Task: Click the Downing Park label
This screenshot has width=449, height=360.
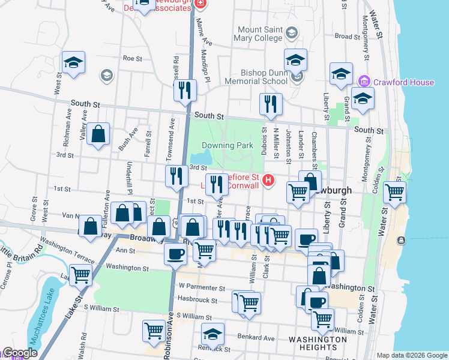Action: pyautogui.click(x=228, y=145)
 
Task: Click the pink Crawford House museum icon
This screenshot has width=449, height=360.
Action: pyautogui.click(x=363, y=82)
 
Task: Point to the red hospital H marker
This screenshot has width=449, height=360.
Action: pyautogui.click(x=268, y=179)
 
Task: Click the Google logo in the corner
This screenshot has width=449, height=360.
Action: pyautogui.click(x=20, y=353)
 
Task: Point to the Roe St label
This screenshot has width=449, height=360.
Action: pyautogui.click(x=131, y=59)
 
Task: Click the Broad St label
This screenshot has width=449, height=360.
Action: pyautogui.click(x=347, y=37)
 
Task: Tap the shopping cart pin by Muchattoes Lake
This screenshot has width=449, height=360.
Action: pyautogui.click(x=80, y=275)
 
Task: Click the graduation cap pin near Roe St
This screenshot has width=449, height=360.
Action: pyautogui.click(x=73, y=62)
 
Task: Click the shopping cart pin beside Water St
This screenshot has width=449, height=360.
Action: pyautogui.click(x=394, y=192)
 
